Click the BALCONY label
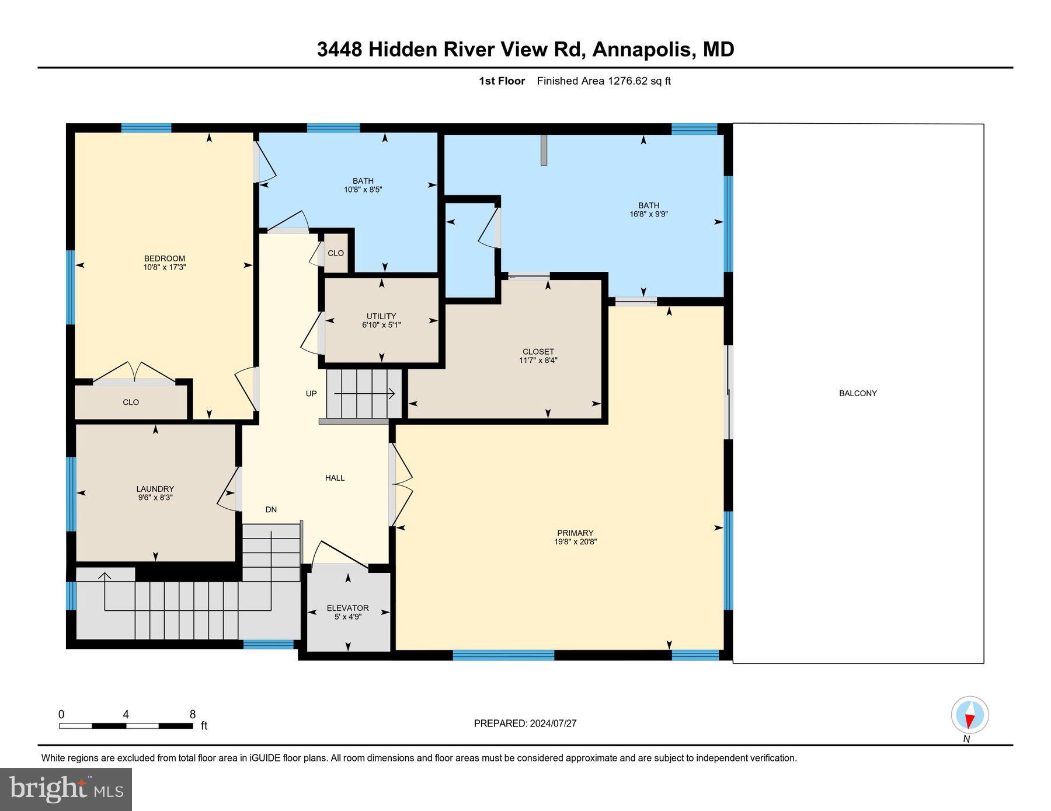click(x=858, y=393)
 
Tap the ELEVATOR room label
click(x=347, y=608)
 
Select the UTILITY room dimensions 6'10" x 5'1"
click(x=381, y=325)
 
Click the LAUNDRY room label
click(x=155, y=489)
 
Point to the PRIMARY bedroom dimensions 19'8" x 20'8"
click(x=575, y=541)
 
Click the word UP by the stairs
click(x=311, y=394)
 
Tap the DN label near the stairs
click(x=271, y=509)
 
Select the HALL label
click(x=335, y=478)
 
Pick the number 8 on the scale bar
click(x=193, y=714)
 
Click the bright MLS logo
click(x=66, y=789)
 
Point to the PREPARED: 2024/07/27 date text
click(x=525, y=723)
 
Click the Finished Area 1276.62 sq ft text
click(x=603, y=81)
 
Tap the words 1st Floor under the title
click(x=502, y=81)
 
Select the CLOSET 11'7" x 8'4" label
click(x=538, y=356)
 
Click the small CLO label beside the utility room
click(x=336, y=253)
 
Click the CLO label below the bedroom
click(x=131, y=402)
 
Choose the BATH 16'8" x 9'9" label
click(x=648, y=209)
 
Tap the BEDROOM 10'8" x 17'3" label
click(x=165, y=263)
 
